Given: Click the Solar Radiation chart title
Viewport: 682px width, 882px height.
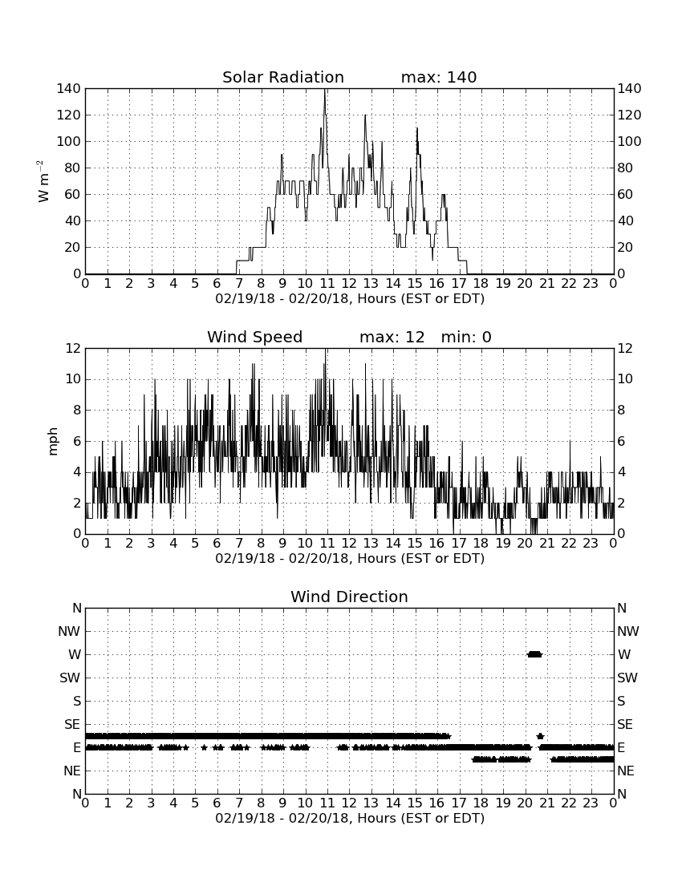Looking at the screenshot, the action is [283, 77].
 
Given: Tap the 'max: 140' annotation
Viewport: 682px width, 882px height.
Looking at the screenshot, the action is [439, 77].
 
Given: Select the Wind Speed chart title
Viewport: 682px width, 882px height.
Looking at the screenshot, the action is [255, 337].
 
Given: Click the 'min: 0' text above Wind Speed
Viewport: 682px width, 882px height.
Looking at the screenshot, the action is [466, 337].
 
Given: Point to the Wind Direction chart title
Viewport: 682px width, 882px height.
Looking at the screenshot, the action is [349, 597].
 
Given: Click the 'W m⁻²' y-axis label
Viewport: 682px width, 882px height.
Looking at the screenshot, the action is [43, 181].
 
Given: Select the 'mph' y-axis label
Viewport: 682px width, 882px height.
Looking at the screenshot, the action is [53, 442].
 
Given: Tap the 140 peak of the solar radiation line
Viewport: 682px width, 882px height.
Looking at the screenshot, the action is [325, 90].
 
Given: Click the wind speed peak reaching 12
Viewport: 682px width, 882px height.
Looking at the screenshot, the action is [326, 350].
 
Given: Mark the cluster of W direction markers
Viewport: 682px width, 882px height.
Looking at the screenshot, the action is [534, 654].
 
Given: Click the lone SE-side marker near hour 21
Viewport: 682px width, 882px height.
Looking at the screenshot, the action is [540, 736].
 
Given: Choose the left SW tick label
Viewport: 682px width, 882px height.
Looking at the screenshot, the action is [70, 678].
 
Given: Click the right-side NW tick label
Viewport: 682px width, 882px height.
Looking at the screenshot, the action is [628, 631].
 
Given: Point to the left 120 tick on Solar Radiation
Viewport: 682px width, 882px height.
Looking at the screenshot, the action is [69, 115].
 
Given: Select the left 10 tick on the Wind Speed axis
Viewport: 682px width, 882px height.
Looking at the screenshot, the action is [73, 379].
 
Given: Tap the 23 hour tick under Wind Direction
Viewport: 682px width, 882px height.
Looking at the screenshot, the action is [591, 803].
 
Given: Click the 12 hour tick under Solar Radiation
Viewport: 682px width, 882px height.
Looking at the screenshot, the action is [349, 283].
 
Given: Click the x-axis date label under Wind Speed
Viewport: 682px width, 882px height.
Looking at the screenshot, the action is [350, 559].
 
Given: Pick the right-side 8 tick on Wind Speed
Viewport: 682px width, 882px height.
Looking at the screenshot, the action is [621, 410].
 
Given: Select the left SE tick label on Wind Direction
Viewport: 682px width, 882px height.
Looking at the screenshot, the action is [72, 725].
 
